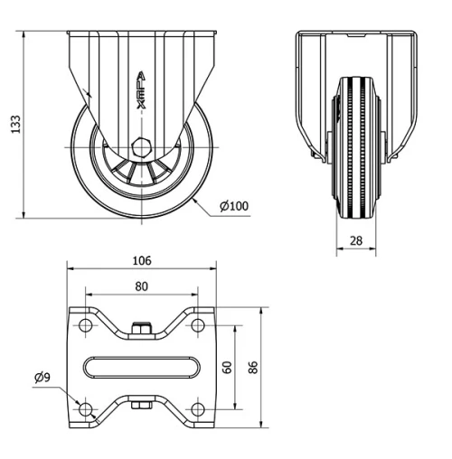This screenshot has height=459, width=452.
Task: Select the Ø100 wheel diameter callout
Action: coord(234,206)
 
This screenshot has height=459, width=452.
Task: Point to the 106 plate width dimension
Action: coord(141,261)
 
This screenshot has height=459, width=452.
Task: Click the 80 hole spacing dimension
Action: coord(141,286)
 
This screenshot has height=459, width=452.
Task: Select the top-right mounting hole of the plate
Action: coord(197,325)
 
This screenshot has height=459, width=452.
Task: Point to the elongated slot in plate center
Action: coord(141,367)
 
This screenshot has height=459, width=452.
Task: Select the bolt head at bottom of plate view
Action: coord(141,407)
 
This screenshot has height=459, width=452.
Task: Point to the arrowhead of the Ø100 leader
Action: coord(195,201)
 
